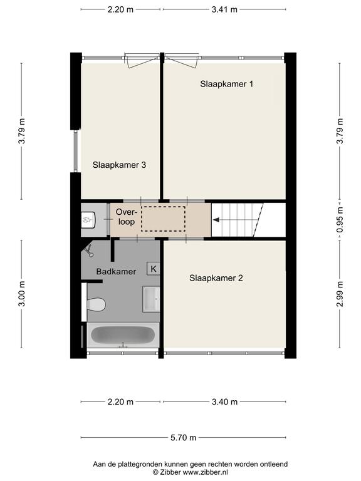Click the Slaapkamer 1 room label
coord(226,84)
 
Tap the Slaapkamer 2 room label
coord(216,278)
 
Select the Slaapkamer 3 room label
coord(119,165)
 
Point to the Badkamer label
coord(116,271)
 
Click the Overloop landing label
coord(126,217)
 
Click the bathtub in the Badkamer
coord(123,335)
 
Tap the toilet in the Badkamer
coord(96,304)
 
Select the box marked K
coord(154,269)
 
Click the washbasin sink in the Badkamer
coord(151,299)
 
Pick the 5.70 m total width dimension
coord(183,438)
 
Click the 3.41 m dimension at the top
coord(224,9)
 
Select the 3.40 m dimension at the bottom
coord(225,402)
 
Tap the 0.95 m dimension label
coord(340,220)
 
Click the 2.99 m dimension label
coord(340,294)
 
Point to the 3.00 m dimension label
coord(21,294)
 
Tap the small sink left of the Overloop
coord(89,220)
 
